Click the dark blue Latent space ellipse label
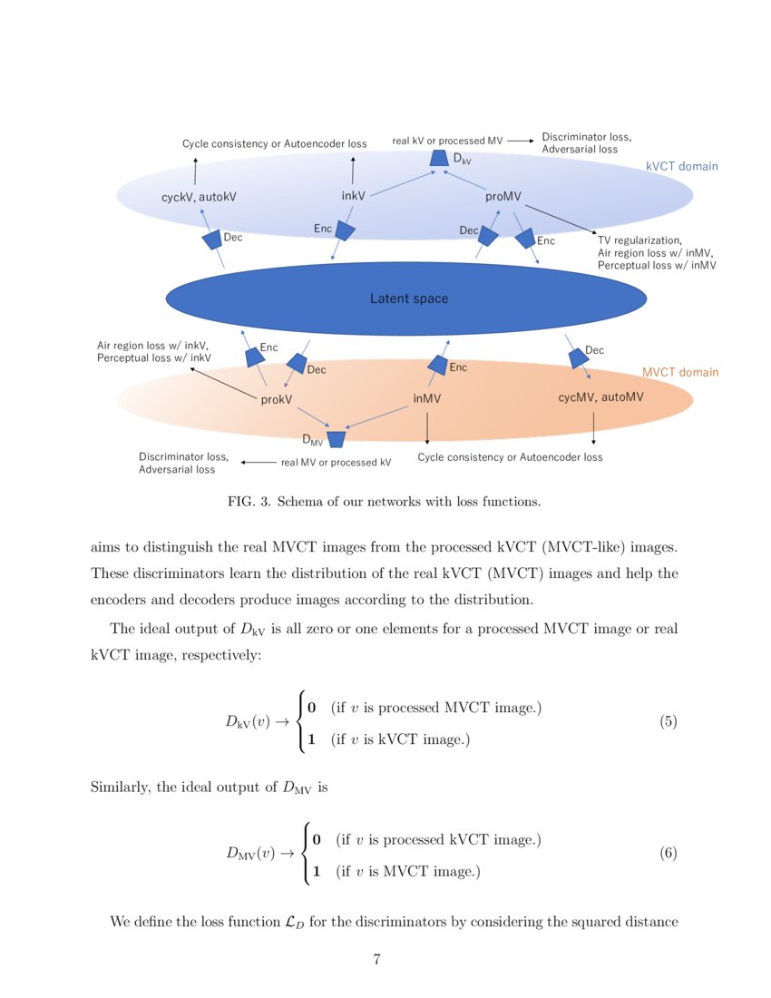tap(408, 298)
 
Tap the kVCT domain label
tap(681, 166)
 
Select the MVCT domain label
tap(679, 372)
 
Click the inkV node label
tap(354, 195)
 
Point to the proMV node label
tap(503, 196)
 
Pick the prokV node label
tap(276, 399)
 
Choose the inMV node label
tap(426, 398)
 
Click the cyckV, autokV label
tap(200, 196)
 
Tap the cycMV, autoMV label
tap(600, 396)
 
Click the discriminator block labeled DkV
tap(439, 159)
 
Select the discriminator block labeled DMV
tap(337, 439)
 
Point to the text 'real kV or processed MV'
tap(447, 142)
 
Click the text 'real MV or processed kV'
tap(336, 462)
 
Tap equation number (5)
tap(668, 723)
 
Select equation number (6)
tap(668, 854)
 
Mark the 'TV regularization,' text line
tap(639, 240)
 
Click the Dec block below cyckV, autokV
tap(212, 240)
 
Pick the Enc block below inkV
tap(344, 230)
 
